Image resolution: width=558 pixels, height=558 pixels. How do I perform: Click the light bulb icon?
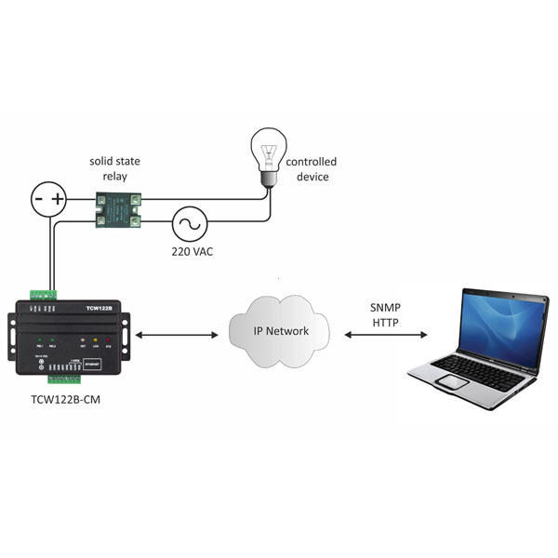click(270, 156)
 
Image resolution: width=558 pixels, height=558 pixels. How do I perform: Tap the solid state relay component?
click(120, 208)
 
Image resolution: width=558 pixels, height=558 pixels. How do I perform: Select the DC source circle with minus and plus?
click(49, 199)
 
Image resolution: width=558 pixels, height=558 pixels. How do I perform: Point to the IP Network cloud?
click(282, 330)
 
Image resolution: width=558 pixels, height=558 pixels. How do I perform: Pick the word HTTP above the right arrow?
click(386, 322)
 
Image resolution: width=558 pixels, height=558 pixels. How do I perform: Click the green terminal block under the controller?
click(65, 379)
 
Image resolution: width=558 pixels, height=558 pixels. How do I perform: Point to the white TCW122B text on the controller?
click(99, 307)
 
